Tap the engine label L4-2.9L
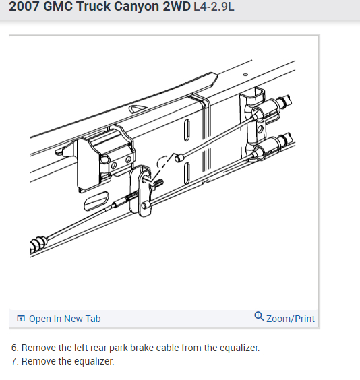tap(214, 11)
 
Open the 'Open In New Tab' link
tap(64, 319)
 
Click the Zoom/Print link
tap(290, 319)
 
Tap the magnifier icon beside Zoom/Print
tap(259, 317)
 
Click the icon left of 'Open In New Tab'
tap(21, 319)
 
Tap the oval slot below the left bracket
tap(96, 203)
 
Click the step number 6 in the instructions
tap(14, 348)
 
